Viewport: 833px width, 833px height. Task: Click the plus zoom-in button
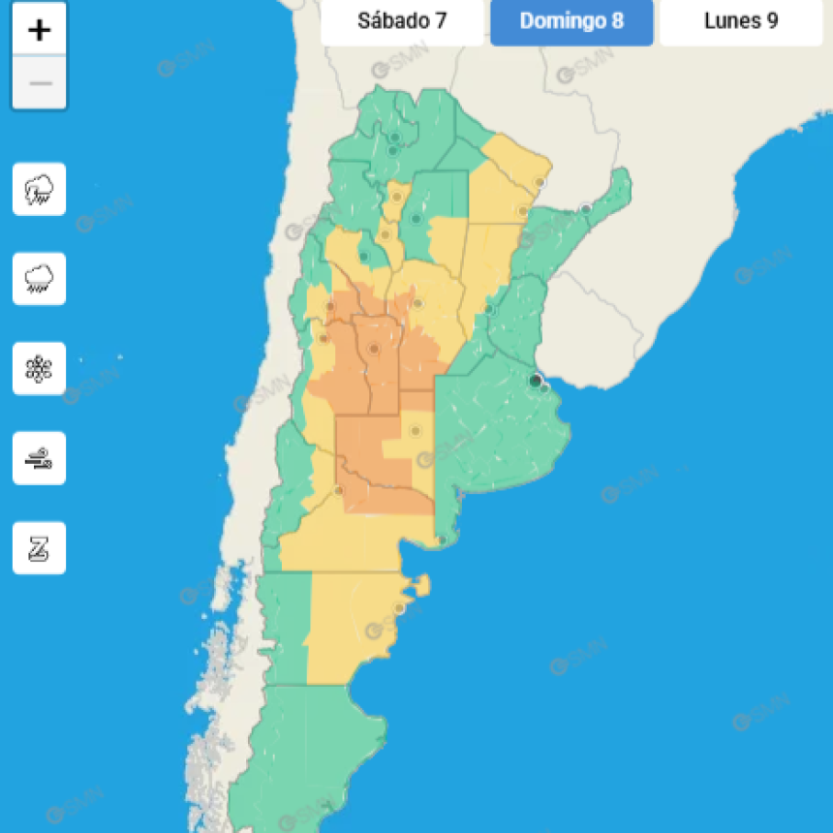pos(40,30)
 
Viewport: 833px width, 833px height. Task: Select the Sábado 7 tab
pos(402,20)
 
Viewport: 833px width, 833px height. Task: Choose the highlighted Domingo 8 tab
pos(571,20)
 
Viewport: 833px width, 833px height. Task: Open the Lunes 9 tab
pos(741,20)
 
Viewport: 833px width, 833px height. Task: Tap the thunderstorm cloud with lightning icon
pos(40,189)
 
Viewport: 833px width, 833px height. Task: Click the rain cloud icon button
pos(40,279)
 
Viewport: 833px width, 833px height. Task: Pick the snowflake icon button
pos(40,369)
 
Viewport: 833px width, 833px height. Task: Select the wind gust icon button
pos(40,458)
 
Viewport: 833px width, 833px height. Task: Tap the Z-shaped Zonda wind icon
pos(40,548)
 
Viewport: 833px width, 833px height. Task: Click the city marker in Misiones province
pos(586,208)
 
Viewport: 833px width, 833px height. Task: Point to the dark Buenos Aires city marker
pos(535,381)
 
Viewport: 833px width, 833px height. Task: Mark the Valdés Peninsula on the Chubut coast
pos(419,585)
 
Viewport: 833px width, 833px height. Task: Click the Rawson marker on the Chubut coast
pos(398,608)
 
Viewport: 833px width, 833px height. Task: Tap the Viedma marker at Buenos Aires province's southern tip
pos(442,540)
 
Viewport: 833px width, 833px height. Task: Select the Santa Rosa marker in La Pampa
pos(416,430)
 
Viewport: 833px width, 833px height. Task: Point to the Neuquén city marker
pos(338,490)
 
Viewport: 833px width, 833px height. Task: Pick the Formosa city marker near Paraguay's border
pos(540,181)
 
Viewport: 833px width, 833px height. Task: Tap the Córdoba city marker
pos(417,303)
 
